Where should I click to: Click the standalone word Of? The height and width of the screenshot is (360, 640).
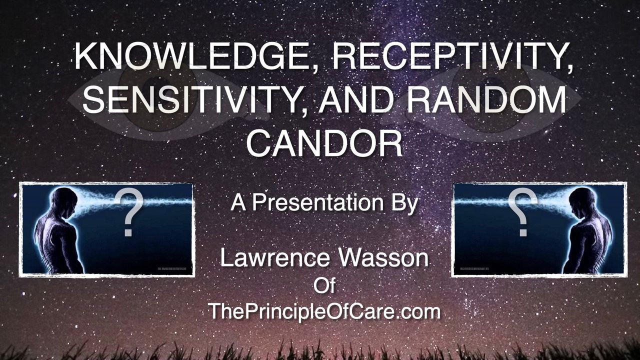click(324, 286)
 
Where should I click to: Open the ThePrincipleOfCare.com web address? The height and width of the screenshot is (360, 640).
click(324, 311)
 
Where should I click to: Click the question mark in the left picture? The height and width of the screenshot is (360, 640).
click(128, 213)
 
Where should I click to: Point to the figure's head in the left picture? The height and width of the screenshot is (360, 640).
click(64, 200)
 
